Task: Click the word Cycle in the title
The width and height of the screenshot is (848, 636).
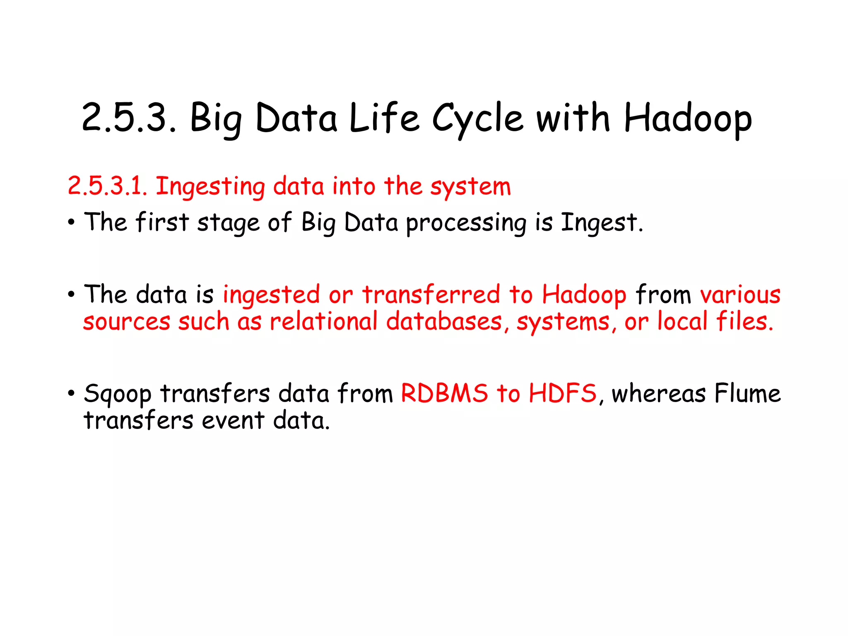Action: click(x=478, y=119)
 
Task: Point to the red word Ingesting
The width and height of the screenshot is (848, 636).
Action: click(x=210, y=187)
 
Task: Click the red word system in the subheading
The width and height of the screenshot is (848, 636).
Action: click(x=470, y=187)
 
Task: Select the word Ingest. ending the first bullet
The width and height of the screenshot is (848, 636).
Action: click(x=602, y=223)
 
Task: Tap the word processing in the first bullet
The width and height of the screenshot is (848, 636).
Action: click(x=466, y=224)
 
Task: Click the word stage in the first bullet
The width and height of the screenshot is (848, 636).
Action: click(x=228, y=224)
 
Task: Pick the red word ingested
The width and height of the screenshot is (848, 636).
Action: click(x=271, y=296)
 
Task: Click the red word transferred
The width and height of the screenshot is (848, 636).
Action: click(x=431, y=295)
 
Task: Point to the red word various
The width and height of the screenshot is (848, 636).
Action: click(x=740, y=296)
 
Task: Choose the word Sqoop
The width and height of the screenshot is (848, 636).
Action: click(x=118, y=394)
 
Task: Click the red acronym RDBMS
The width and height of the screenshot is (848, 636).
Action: click(x=444, y=393)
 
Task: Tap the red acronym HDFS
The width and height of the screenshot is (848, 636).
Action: click(x=563, y=393)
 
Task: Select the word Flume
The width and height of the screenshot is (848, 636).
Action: click(x=747, y=393)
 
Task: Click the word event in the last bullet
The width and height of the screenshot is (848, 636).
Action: click(x=233, y=421)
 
